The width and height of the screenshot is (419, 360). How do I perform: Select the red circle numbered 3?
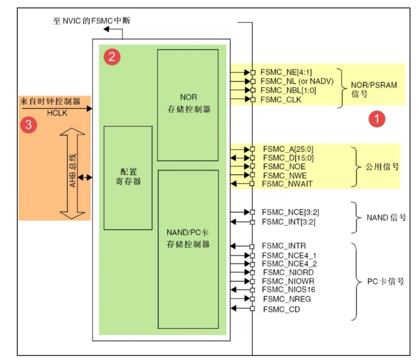[29, 125]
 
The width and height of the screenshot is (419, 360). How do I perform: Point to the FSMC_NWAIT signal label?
[287, 184]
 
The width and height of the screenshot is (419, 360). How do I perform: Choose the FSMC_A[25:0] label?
[286, 149]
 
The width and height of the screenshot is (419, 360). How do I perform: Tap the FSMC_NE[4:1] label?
[286, 72]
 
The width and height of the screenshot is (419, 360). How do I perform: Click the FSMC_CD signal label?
[281, 308]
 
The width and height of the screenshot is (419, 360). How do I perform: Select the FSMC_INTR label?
[284, 245]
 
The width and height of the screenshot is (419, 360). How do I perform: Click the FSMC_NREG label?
[286, 299]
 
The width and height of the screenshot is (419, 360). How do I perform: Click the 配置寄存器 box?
[128, 177]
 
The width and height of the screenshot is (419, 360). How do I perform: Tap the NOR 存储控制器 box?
[188, 105]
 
